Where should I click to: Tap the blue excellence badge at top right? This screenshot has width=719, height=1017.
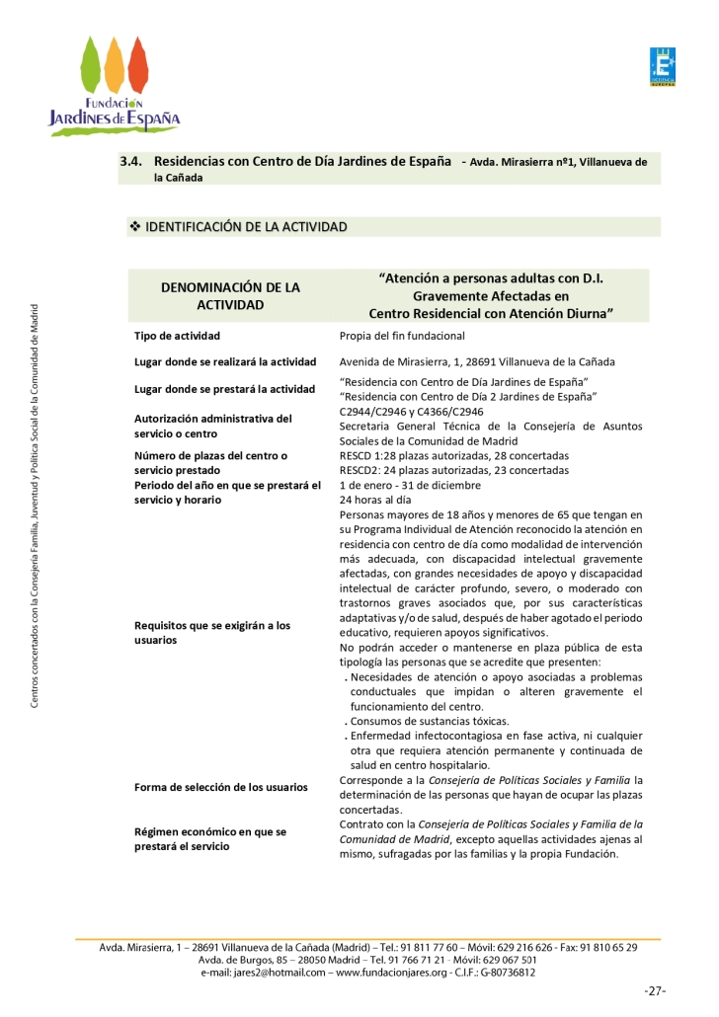tap(661, 67)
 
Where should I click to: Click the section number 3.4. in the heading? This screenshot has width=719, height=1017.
tap(132, 160)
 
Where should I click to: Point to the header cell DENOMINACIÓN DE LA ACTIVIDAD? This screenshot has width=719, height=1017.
tap(229, 296)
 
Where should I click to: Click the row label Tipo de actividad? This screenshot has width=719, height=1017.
tap(178, 336)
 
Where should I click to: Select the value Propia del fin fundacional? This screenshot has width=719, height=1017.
tap(402, 336)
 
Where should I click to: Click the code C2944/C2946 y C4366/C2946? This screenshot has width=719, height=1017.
tap(411, 411)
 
